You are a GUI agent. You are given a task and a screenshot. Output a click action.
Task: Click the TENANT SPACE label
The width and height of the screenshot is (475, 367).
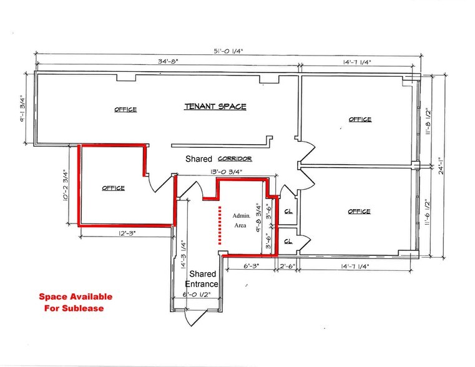[215, 107]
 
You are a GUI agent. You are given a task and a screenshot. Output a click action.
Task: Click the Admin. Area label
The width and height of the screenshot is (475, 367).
[241, 220]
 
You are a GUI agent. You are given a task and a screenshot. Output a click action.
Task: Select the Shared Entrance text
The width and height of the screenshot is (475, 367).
[202, 279]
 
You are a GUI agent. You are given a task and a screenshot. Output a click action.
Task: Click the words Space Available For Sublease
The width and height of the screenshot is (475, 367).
[76, 303]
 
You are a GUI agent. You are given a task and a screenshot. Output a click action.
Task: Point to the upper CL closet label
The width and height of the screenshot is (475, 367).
[289, 211]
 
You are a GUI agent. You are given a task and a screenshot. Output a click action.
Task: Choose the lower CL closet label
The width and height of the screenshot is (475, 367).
[289, 241]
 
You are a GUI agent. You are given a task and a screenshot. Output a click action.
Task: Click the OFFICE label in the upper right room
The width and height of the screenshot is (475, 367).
[360, 119]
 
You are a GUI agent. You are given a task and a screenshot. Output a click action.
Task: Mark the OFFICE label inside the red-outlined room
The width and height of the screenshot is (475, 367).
[113, 188]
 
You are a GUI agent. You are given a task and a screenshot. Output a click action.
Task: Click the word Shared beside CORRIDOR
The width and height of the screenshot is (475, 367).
[199, 159]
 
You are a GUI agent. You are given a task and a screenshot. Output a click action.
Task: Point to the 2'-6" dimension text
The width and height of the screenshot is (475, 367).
[287, 265]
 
